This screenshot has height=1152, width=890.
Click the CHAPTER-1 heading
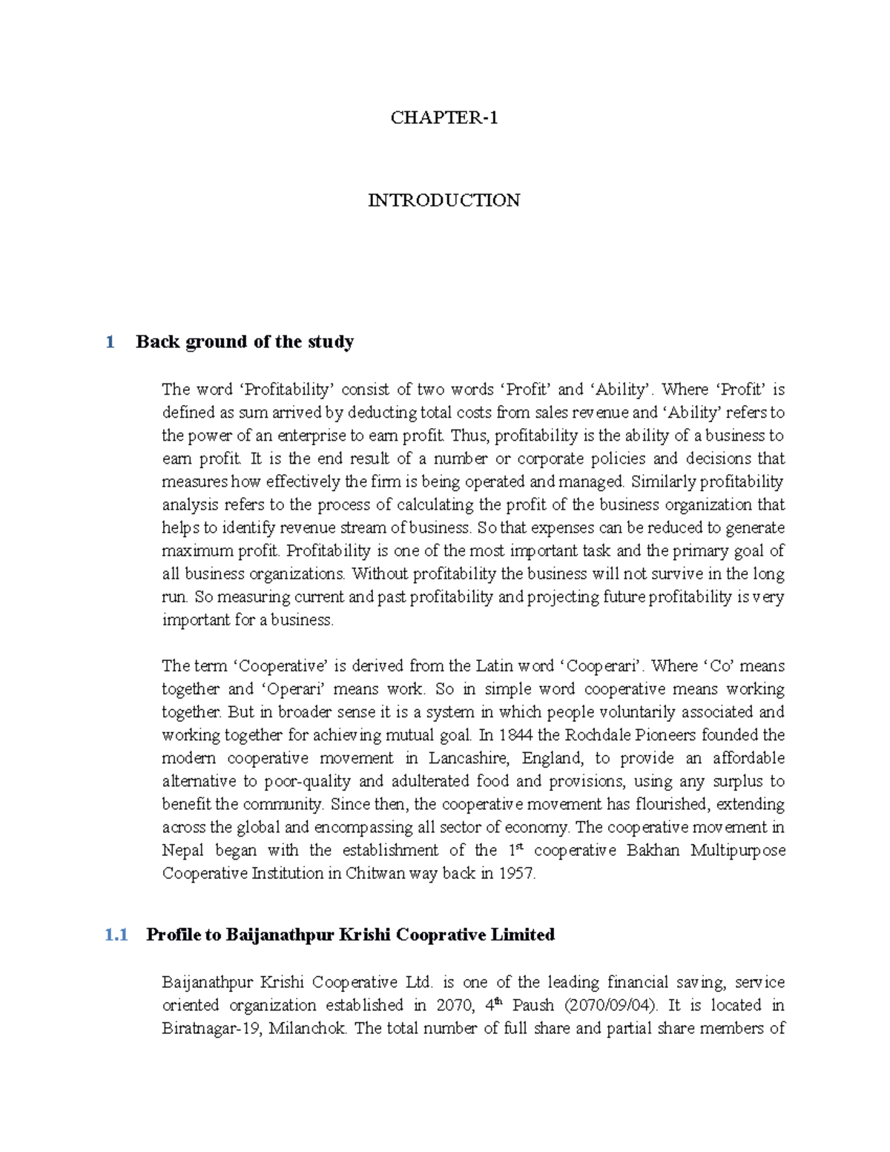point(444,117)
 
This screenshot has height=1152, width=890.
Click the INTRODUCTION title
point(444,200)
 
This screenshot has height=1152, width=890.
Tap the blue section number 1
point(110,342)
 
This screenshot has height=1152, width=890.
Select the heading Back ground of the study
point(245,342)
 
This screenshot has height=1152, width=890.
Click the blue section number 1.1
point(116,935)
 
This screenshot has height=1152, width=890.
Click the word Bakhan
point(653,850)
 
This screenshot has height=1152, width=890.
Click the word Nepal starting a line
point(182,850)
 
